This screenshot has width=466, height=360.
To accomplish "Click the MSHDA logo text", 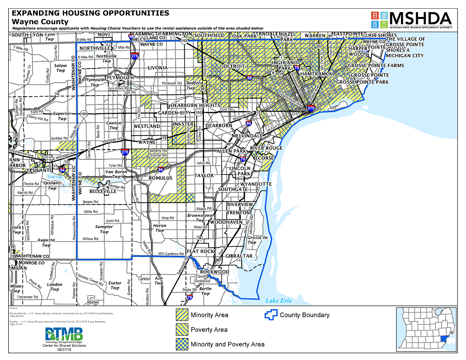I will (421, 18).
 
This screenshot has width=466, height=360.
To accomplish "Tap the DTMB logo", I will (64, 335).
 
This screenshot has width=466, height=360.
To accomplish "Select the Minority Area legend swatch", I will (182, 315).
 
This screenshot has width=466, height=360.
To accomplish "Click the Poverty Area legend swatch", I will (182, 329).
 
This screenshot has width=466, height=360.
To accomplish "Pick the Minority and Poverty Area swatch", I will (182, 344).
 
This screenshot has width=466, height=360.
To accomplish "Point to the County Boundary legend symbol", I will (271, 315).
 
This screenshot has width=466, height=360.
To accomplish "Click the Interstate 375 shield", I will (311, 108).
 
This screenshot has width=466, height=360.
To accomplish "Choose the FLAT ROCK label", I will (200, 251).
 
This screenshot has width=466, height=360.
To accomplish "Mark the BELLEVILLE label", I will (103, 191).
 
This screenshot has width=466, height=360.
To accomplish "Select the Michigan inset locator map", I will (426, 329).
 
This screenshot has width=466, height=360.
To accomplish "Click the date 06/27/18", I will (64, 349).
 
